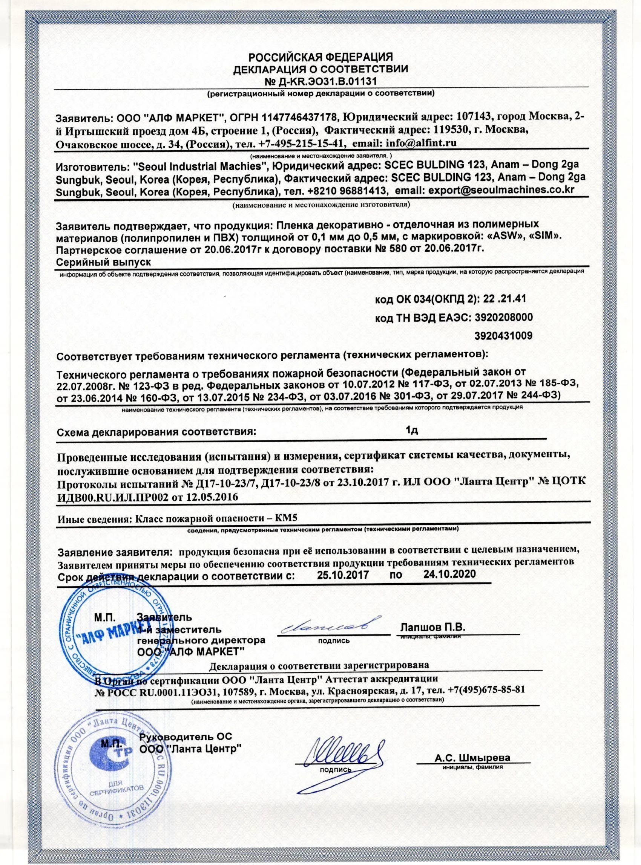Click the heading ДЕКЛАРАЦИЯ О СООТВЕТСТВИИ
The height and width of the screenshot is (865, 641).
click(x=320, y=69)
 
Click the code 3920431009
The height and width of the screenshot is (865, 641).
click(x=503, y=335)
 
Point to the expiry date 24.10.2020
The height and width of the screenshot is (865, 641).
click(x=450, y=574)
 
